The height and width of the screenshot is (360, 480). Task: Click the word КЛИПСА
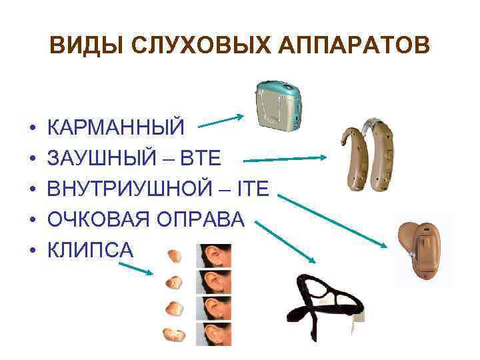pos(91,251)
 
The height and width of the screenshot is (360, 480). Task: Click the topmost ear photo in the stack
pos(214,257)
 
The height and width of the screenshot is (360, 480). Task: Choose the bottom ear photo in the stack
pos(214,334)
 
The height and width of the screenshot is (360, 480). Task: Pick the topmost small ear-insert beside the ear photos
pos(174,256)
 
